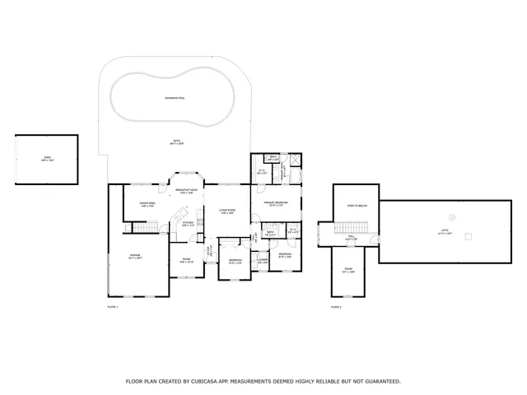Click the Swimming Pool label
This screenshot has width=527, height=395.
[175, 98]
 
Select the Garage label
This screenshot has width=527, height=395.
[135, 257]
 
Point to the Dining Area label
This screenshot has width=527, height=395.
[147, 204]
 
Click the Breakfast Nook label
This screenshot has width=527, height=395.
[187, 192]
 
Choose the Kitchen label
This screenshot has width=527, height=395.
[188, 223]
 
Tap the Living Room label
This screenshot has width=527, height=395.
[227, 211]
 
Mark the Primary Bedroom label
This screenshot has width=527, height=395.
[275, 203]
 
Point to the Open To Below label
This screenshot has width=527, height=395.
[356, 206]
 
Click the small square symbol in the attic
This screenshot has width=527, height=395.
[469, 236]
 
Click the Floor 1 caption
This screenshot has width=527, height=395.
[114, 306]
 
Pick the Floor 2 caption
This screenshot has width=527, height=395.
[336, 306]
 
